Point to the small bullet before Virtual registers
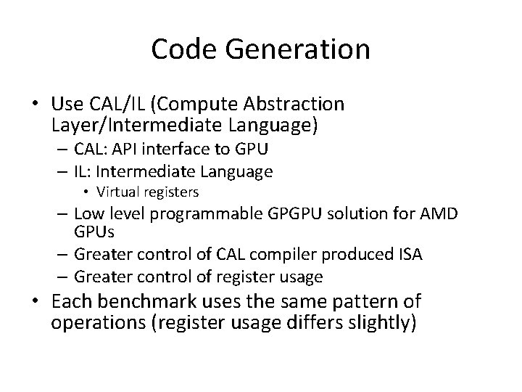point(86,193)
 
